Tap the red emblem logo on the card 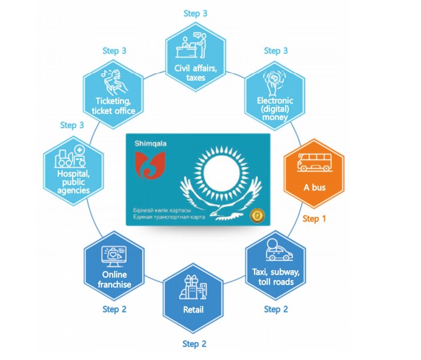(x=148, y=166)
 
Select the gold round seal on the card (x=256, y=215)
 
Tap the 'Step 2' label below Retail (x=194, y=344)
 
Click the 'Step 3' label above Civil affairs (x=195, y=13)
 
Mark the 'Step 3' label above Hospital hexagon (x=72, y=125)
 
